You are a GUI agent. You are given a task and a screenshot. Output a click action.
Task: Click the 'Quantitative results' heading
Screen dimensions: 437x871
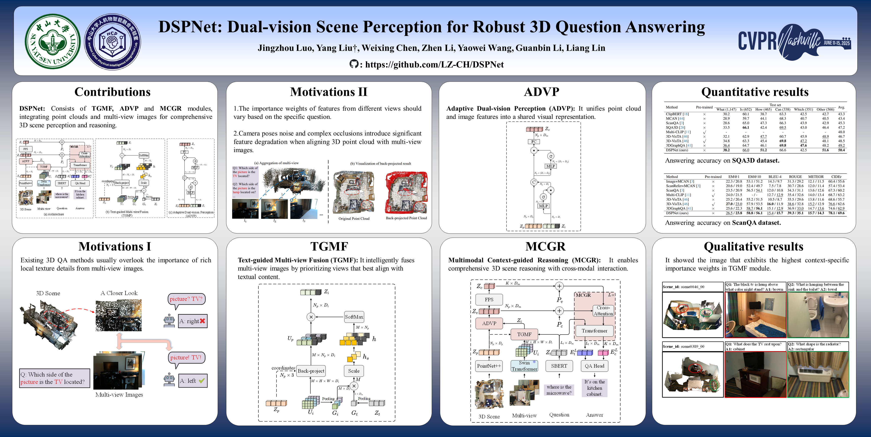point(754,92)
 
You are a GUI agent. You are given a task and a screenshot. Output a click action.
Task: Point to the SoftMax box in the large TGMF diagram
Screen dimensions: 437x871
point(354,317)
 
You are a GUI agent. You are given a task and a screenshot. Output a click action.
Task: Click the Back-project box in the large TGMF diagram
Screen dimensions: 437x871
point(311,371)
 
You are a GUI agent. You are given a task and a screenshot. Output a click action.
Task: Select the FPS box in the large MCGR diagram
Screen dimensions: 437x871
point(489,300)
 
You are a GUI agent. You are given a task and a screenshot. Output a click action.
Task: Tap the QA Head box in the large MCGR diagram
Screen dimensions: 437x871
point(594,366)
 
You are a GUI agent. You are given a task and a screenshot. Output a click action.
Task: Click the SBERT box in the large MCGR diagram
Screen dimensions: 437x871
point(559,366)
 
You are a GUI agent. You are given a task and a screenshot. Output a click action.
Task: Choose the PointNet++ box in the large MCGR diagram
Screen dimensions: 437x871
point(489,366)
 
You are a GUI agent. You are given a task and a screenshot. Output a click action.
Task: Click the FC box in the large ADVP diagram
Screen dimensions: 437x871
point(534,142)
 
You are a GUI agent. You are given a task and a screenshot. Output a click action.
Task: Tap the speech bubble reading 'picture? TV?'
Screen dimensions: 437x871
point(186,299)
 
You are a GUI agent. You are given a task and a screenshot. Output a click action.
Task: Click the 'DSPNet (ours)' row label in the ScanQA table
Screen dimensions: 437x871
point(677,213)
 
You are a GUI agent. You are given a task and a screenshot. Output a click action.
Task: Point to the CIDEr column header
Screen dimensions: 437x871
point(836,177)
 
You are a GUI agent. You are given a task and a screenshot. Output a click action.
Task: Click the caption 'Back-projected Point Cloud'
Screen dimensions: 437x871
point(406,218)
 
